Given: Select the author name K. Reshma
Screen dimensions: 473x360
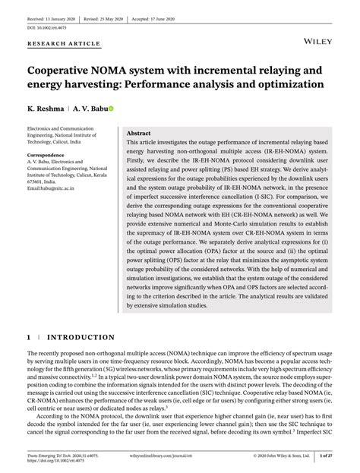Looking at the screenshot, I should point(49,109).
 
